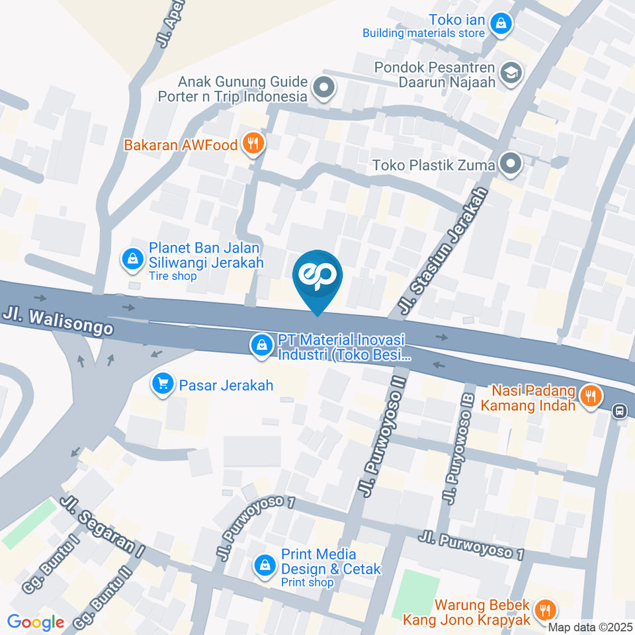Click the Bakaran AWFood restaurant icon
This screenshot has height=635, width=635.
[x=253, y=142]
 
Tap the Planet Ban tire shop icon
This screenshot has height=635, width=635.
[x=133, y=258]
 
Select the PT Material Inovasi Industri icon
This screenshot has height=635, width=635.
[x=263, y=345]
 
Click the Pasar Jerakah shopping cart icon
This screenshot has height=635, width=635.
[x=162, y=383]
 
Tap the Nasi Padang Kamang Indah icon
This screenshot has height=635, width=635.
[x=589, y=396]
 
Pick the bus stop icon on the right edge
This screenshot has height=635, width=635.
[x=620, y=411]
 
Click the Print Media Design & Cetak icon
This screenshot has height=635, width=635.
[x=265, y=566]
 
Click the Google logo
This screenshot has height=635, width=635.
[x=35, y=622]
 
